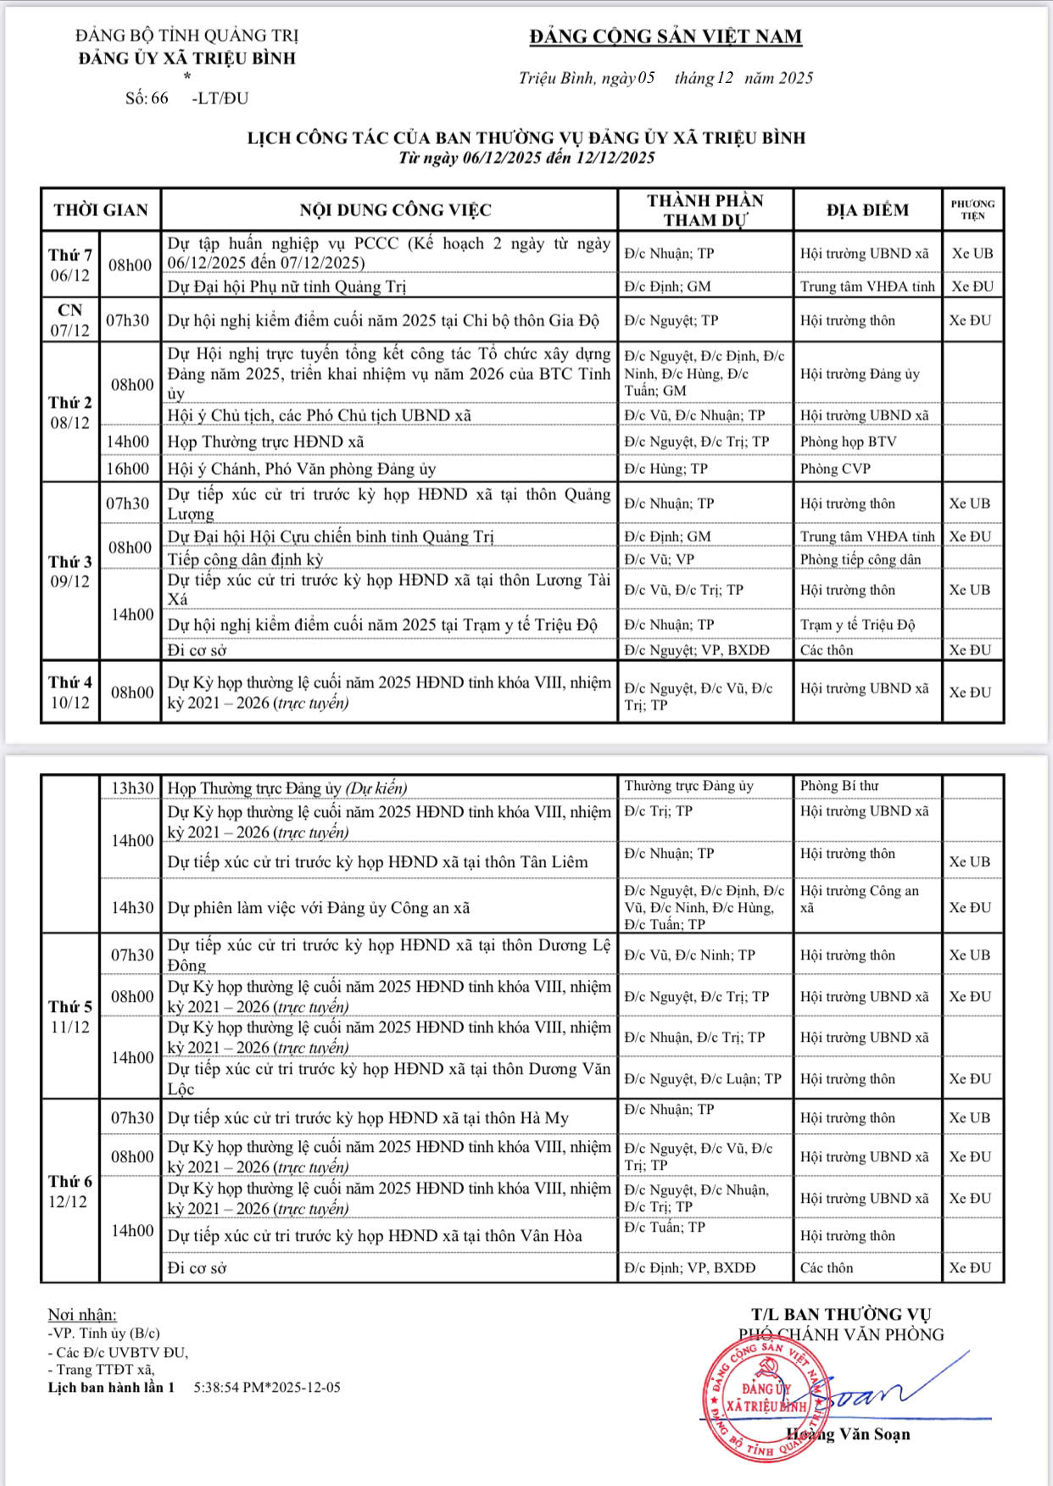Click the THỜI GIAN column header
[x=101, y=209]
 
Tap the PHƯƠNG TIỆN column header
[x=972, y=209]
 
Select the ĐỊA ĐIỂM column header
[x=867, y=209]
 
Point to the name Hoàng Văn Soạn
[x=848, y=1434]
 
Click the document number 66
[x=159, y=98]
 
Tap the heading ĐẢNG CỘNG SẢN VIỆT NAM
[x=666, y=36]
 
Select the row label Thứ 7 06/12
[x=70, y=264]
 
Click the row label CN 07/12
[x=70, y=320]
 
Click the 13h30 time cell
[x=132, y=788]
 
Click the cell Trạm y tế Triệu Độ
[x=857, y=625]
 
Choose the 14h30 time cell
[x=132, y=907]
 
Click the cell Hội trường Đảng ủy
[x=860, y=374]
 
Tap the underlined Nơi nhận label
[x=82, y=1314]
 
